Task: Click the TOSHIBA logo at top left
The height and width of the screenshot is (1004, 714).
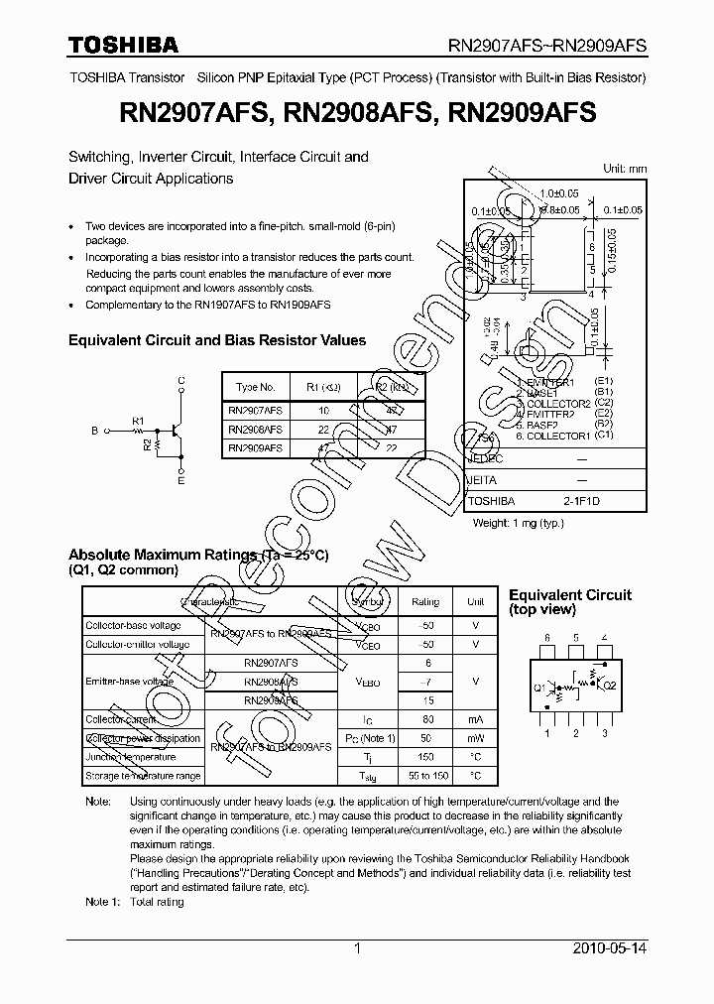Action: pyautogui.click(x=123, y=45)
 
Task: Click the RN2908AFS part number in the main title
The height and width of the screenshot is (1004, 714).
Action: pyautogui.click(x=359, y=114)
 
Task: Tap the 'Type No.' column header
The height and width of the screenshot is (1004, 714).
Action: pyautogui.click(x=255, y=386)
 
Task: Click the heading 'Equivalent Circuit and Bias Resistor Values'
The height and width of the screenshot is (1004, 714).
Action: pyautogui.click(x=217, y=340)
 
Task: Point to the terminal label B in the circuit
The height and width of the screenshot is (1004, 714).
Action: pyautogui.click(x=94, y=432)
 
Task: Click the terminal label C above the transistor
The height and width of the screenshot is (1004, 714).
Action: pyautogui.click(x=181, y=381)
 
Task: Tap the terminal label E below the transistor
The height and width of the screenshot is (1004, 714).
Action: pyautogui.click(x=181, y=481)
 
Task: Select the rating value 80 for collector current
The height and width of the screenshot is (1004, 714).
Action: pyautogui.click(x=425, y=719)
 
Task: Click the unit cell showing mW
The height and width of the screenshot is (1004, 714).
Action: pyautogui.click(x=476, y=739)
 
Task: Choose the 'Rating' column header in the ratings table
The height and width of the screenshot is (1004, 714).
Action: pyautogui.click(x=425, y=602)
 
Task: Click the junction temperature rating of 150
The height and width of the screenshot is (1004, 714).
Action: pyautogui.click(x=425, y=757)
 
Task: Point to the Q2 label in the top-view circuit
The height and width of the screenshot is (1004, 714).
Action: pyautogui.click(x=610, y=686)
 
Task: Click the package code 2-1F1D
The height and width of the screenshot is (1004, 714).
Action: pyautogui.click(x=581, y=502)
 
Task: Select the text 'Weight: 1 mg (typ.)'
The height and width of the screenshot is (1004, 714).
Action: pyautogui.click(x=519, y=523)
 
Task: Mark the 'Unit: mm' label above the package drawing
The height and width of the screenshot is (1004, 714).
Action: pyautogui.click(x=625, y=169)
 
